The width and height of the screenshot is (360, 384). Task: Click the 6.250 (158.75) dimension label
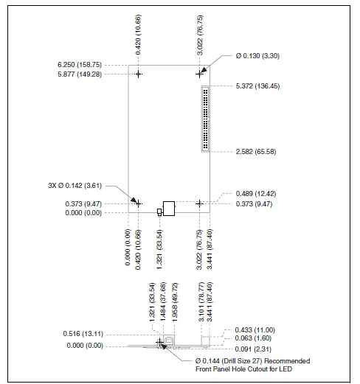click(94, 64)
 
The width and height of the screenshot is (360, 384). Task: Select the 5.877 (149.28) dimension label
click(94, 74)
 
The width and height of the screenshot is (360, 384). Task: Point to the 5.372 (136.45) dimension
click(255, 85)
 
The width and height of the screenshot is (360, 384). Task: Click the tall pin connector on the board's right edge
click(204, 119)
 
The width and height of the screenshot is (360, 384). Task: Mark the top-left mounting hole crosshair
click(139, 74)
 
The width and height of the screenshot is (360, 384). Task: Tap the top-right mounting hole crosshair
click(199, 74)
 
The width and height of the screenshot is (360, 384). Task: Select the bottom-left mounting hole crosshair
click(139, 203)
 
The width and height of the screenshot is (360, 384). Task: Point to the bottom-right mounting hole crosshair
click(199, 203)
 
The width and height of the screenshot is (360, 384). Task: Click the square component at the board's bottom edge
click(170, 208)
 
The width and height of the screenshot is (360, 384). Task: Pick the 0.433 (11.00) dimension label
click(255, 329)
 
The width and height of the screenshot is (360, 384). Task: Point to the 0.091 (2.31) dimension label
click(255, 347)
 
